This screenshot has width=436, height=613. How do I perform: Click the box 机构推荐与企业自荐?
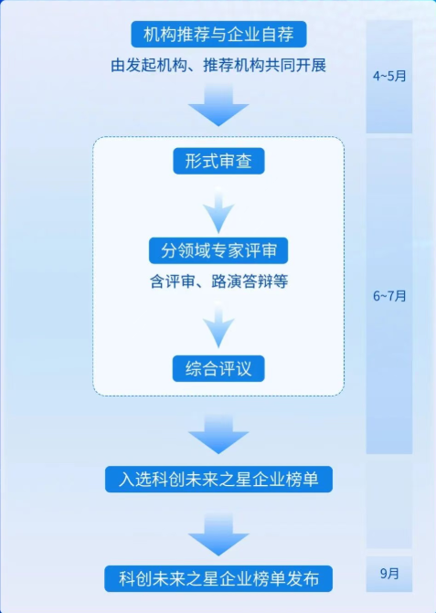point(218,35)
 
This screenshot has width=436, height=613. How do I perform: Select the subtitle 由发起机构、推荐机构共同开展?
point(218,65)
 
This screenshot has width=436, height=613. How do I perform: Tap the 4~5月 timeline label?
point(389,76)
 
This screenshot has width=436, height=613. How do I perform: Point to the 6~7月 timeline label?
point(389,296)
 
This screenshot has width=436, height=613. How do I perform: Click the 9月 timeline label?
point(389,574)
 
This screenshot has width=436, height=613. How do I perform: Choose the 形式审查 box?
point(218,161)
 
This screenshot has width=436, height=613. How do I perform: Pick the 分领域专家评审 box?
point(218,250)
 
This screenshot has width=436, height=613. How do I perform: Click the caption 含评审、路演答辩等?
point(218,281)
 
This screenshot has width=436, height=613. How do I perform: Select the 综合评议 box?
point(218,369)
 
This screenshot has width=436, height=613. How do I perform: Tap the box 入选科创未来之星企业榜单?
point(218,479)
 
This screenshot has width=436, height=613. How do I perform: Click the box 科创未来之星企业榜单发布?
point(218,578)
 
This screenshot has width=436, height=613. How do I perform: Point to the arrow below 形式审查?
point(218,211)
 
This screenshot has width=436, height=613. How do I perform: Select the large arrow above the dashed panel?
point(218,106)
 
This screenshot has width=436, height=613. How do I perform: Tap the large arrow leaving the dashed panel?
point(218,434)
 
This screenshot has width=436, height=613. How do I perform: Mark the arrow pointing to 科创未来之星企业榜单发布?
point(218,534)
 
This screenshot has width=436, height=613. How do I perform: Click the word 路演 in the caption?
point(227,281)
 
